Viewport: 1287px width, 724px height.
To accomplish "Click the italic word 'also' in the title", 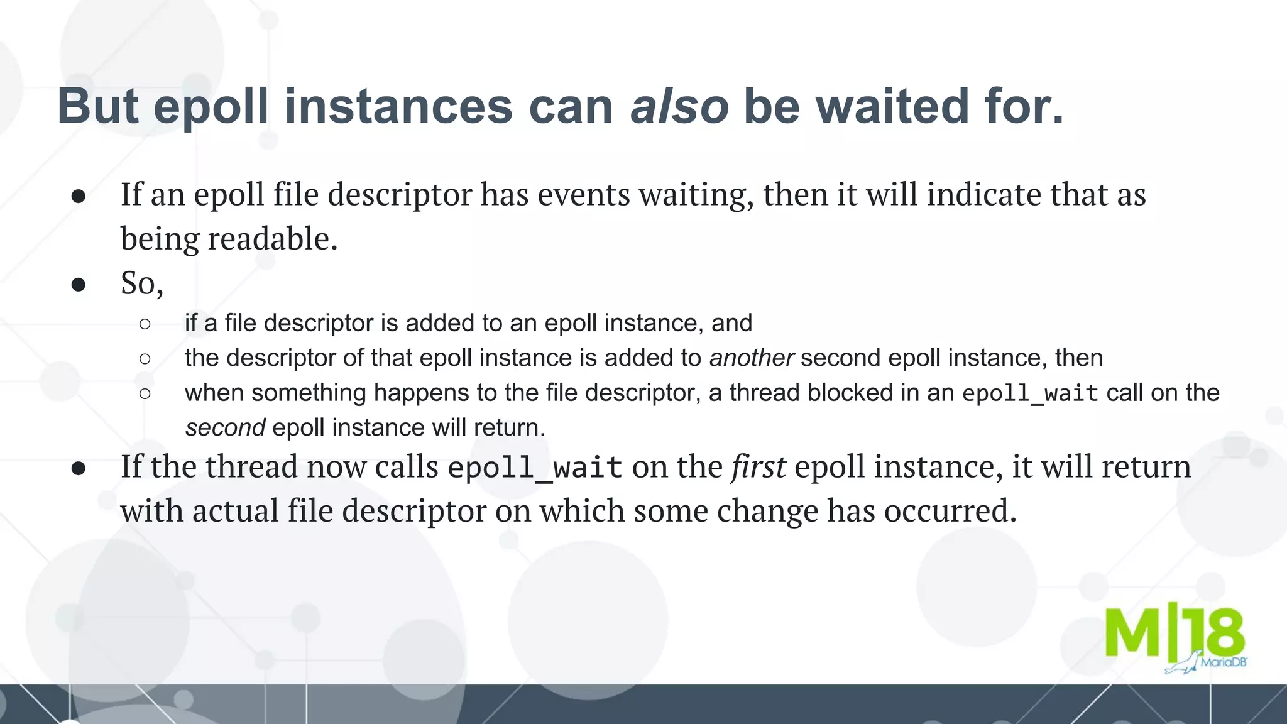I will tap(679, 106).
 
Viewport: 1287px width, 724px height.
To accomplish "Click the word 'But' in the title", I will tap(97, 106).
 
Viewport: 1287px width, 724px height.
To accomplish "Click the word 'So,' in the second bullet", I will tap(142, 283).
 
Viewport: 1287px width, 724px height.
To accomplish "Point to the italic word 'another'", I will tap(752, 358).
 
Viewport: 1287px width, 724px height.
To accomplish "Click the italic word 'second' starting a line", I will tap(225, 427).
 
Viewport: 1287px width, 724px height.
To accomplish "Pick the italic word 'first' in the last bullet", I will tap(758, 466).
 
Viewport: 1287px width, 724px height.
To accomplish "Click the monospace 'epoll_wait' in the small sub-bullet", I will tap(1030, 393).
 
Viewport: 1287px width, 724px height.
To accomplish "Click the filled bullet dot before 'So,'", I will tap(79, 285).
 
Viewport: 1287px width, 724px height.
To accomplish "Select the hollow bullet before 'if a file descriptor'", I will tap(145, 324).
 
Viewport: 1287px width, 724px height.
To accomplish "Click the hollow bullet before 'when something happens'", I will tap(145, 393).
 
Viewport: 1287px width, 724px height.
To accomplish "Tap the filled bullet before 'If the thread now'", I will tap(79, 468).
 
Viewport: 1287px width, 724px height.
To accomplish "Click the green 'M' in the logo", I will tap(1132, 633).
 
